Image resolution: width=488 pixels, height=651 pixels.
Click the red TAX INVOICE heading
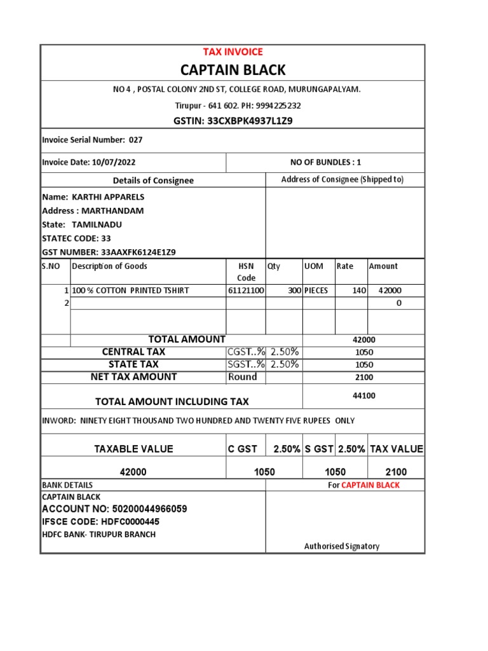(233, 52)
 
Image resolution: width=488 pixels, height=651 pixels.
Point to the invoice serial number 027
(136, 140)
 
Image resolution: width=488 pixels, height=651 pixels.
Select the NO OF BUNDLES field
(325, 162)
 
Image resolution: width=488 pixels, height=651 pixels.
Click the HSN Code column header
(246, 271)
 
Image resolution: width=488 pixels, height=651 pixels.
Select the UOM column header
(314, 266)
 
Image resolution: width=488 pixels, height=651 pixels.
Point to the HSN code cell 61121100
(246, 291)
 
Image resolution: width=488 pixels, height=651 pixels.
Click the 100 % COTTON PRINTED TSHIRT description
(130, 291)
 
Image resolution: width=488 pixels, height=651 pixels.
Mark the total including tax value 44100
(364, 395)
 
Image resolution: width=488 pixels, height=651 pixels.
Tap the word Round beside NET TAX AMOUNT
(242, 377)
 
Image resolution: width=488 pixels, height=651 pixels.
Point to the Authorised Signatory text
(341, 546)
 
